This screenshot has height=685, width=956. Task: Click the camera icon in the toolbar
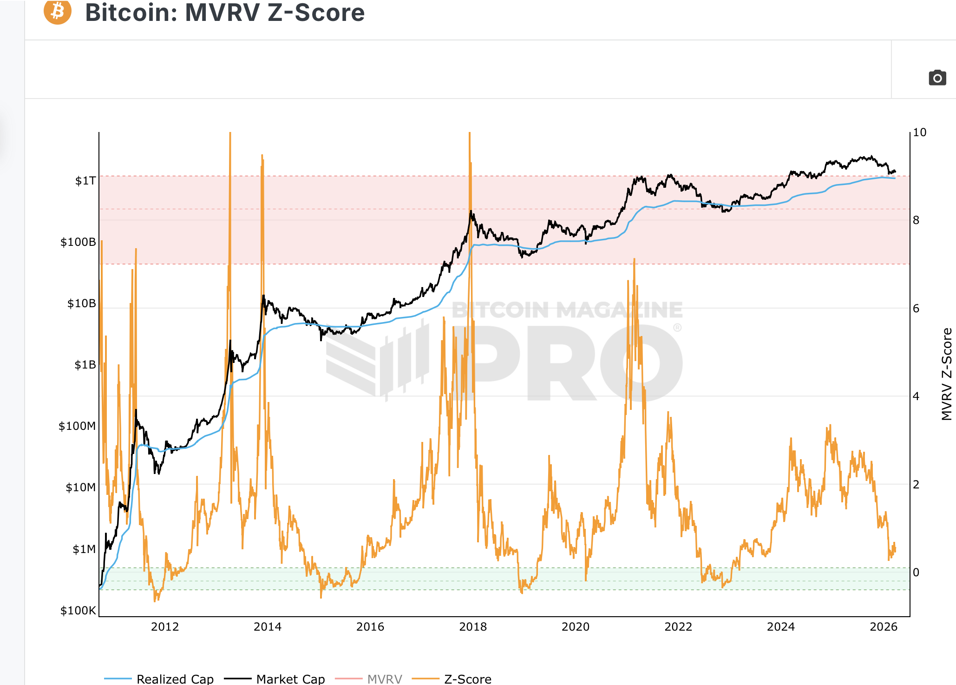(937, 78)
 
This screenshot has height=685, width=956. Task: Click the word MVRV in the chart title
(222, 12)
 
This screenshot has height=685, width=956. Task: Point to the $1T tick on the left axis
(85, 181)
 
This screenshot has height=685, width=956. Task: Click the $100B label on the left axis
(78, 242)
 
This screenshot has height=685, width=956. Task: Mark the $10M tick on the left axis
(80, 487)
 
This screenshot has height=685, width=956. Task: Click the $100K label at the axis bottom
(78, 611)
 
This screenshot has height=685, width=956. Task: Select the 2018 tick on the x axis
(473, 627)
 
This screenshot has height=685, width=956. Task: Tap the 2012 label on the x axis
(165, 627)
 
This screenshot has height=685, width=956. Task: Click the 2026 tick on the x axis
(884, 627)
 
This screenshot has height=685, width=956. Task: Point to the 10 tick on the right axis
(919, 132)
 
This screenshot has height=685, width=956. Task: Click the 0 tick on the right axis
(916, 573)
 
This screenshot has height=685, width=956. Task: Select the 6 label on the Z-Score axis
(916, 309)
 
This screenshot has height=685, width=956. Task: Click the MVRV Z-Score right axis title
(946, 374)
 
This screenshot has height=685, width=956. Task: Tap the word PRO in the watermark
(571, 362)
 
